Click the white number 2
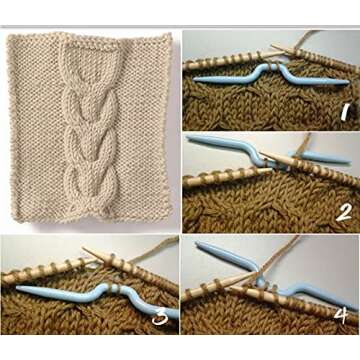342,212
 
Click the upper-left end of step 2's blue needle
190,139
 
